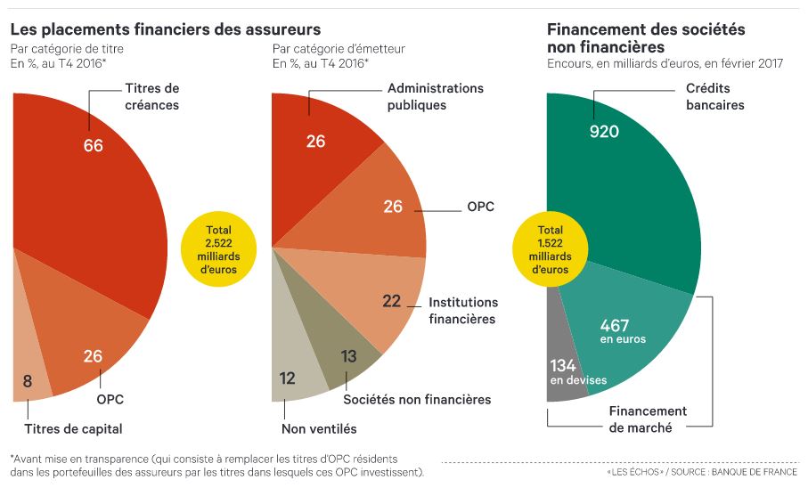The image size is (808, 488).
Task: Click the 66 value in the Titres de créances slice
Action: pos(94,145)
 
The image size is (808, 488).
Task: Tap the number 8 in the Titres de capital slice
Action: pos(28,381)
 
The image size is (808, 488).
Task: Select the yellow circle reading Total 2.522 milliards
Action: pos(218,249)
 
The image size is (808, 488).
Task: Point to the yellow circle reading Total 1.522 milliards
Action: pos(550,249)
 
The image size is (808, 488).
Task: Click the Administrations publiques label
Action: pos(436,96)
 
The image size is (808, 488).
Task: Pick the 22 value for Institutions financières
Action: pos(392,301)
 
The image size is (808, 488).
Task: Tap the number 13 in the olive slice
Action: pos(348,356)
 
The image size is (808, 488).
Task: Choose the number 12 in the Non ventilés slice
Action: pos(287,378)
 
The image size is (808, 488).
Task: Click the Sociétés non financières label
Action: pos(417,399)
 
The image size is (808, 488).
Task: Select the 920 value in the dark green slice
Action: pos(605,132)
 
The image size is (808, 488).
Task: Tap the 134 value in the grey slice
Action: pos(563,365)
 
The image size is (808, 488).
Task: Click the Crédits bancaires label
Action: pos(714,96)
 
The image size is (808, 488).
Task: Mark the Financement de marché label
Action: pos(648,419)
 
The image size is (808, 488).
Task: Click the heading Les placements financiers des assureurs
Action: pos(166,29)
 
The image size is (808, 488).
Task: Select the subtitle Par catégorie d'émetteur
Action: pos(339,49)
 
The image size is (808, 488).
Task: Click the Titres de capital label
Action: pos(73,428)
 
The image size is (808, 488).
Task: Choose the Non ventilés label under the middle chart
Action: pos(319,428)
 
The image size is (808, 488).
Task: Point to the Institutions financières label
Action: pos(461,311)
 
